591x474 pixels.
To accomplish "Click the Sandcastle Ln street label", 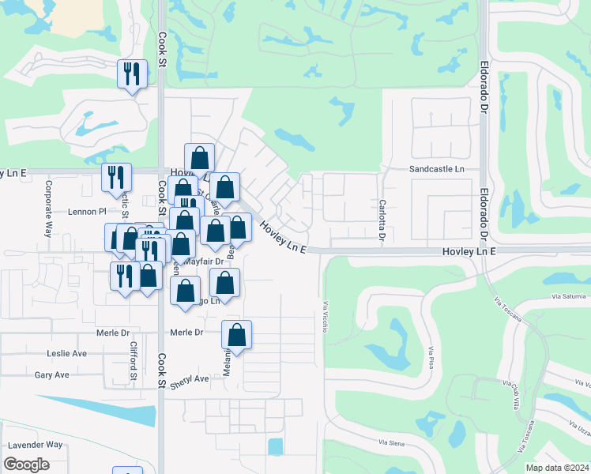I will tap(436, 169).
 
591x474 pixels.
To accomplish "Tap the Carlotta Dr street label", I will tap(382, 220).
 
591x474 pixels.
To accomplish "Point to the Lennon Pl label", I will tap(87, 212).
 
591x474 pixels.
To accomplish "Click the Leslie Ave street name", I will tap(66, 353).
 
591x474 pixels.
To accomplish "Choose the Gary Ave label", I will tap(51, 374).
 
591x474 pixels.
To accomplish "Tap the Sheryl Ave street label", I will tap(190, 378).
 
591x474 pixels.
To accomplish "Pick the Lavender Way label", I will tap(33, 445).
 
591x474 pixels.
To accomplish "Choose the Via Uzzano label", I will tap(578, 427).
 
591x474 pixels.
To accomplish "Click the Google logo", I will tap(27, 465).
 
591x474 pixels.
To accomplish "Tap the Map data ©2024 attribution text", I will tap(557, 468).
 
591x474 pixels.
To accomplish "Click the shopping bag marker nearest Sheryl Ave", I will tap(236, 335).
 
